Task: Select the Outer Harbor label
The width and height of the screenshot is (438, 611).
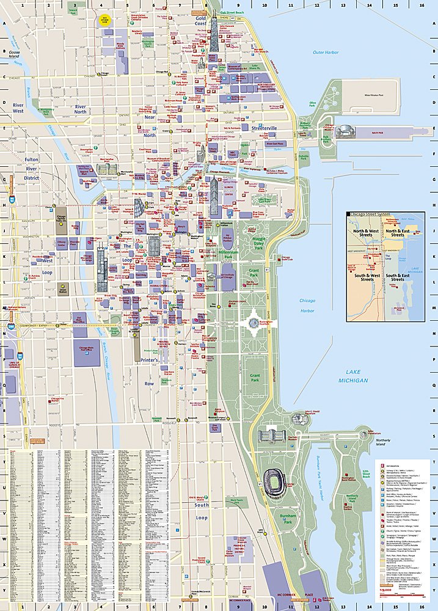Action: (x=325, y=53)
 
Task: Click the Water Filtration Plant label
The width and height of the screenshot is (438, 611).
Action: (x=377, y=95)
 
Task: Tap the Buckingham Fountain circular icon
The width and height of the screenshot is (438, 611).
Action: (x=254, y=323)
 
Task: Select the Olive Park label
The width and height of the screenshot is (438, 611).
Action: (x=313, y=104)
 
